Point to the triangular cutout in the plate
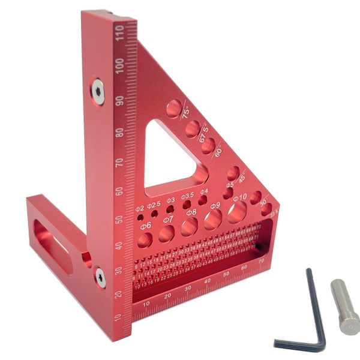point(171,156)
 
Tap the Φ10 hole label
point(239,197)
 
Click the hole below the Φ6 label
point(145,240)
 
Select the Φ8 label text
point(191,212)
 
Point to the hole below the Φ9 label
point(213,221)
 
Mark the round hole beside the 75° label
point(173,109)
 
